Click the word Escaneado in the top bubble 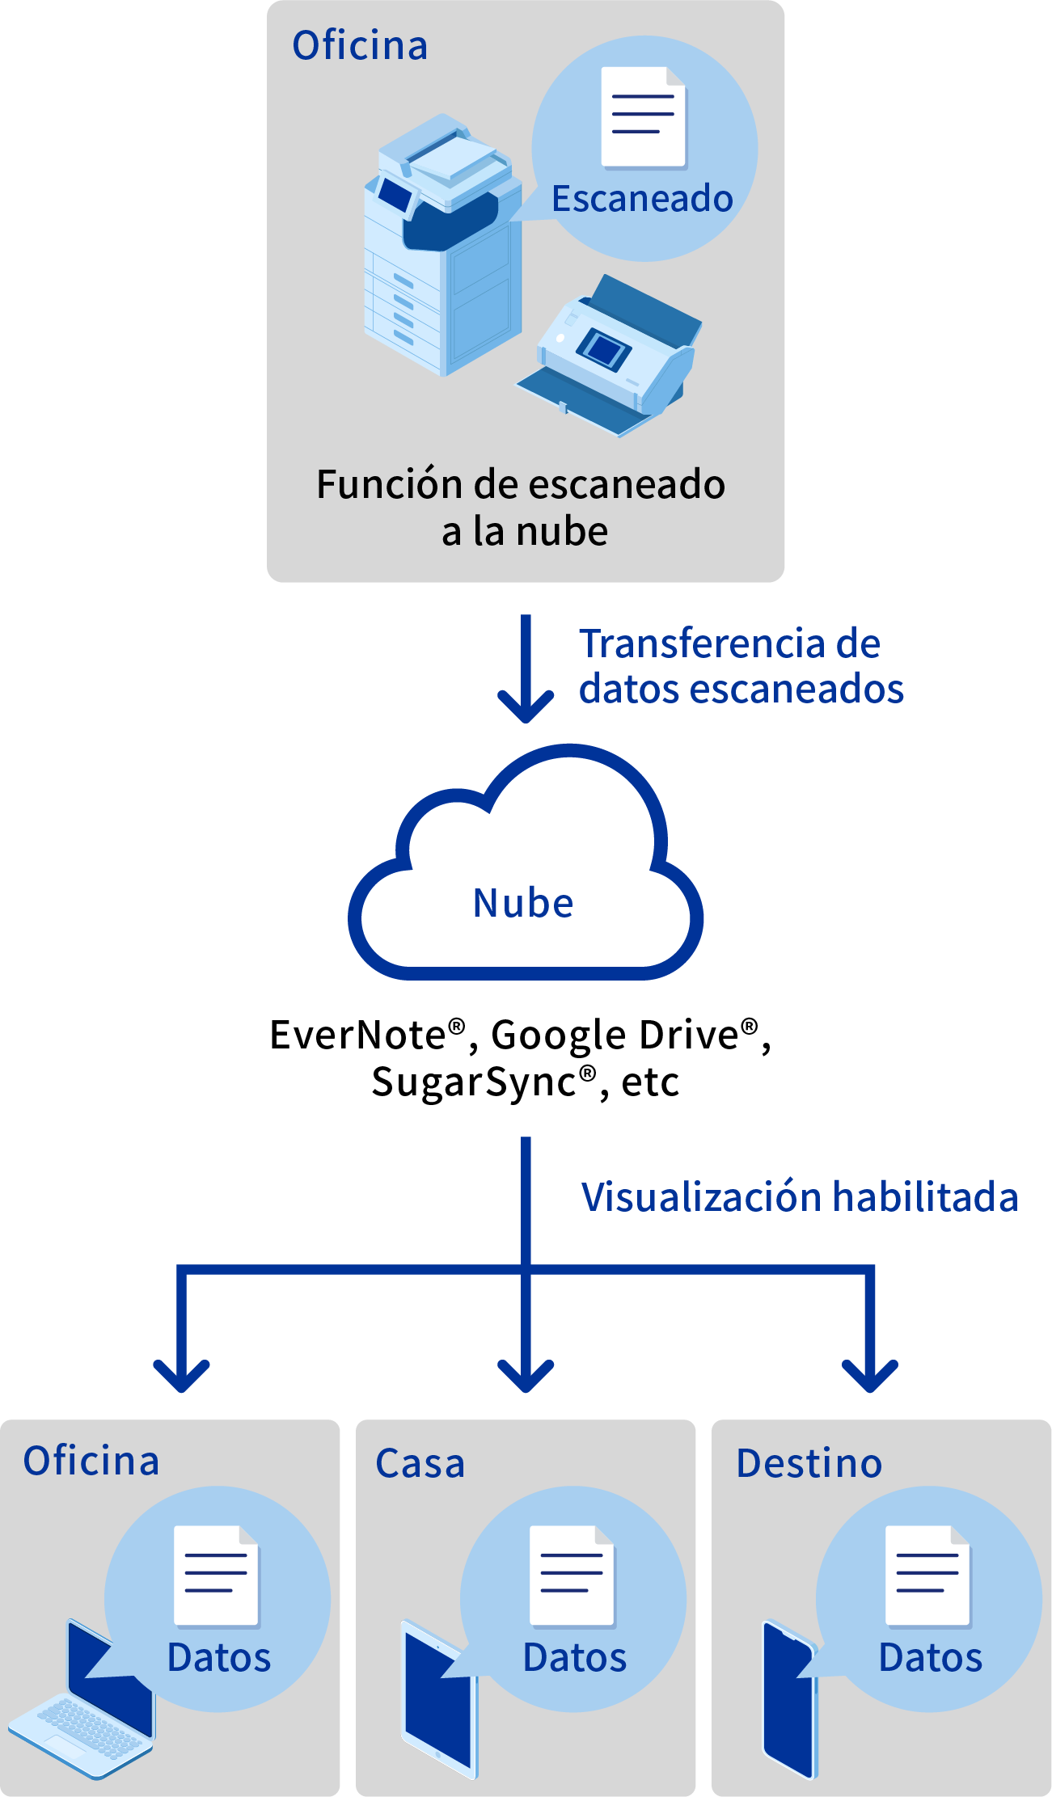click(x=642, y=199)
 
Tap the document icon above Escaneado click(x=644, y=117)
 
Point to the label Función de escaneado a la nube click(x=522, y=508)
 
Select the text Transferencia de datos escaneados click(x=740, y=667)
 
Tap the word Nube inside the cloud click(x=523, y=903)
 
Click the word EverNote click(x=357, y=1036)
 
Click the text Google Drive click(x=615, y=1036)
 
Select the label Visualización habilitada click(x=799, y=1197)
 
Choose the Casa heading click(x=420, y=1464)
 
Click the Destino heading click(x=809, y=1464)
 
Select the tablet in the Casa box click(x=437, y=1698)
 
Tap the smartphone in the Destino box click(x=791, y=1698)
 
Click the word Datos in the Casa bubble click(x=575, y=1658)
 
